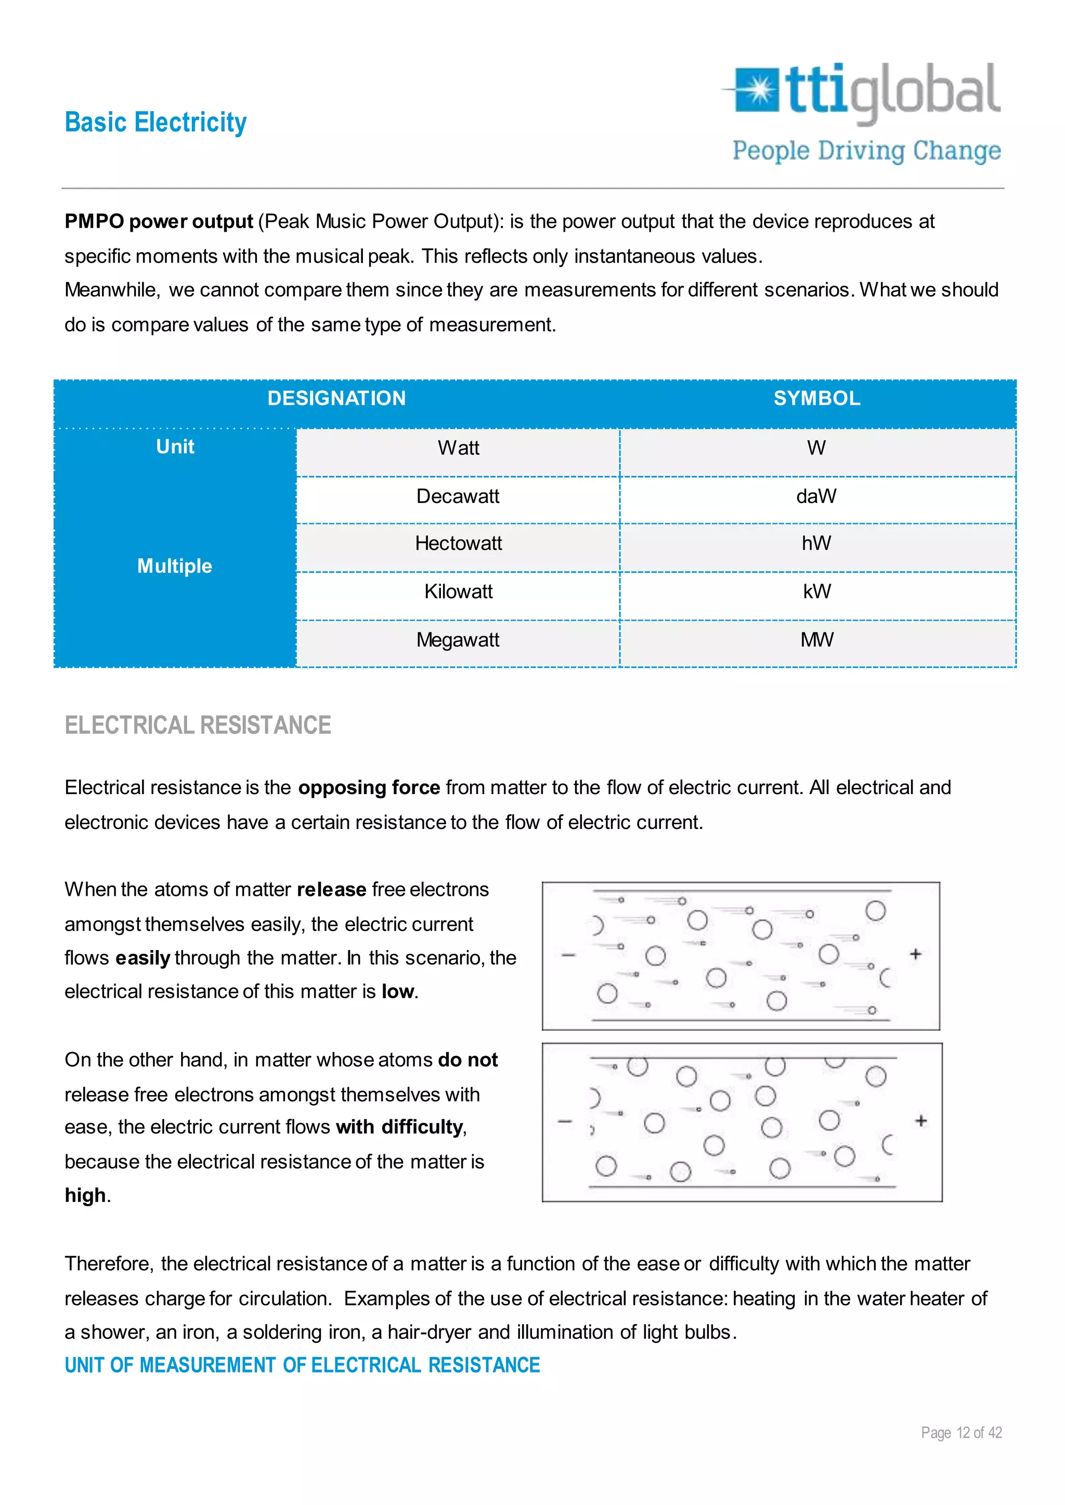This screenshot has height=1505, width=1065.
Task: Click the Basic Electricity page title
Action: tap(155, 123)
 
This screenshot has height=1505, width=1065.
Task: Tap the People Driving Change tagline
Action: tap(866, 151)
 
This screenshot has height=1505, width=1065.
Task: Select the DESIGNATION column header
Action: tap(336, 399)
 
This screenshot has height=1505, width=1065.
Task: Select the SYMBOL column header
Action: tap(816, 399)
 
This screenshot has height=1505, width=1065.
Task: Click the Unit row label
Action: tap(175, 447)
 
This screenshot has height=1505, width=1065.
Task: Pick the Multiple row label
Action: tap(174, 566)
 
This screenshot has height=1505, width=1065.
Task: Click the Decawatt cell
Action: tap(458, 497)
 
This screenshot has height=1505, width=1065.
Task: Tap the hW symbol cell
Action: tap(816, 544)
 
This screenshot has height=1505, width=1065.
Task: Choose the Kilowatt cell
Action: tap(458, 592)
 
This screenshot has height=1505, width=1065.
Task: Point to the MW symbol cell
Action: tap(816, 640)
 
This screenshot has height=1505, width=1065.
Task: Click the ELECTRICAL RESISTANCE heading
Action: tap(198, 725)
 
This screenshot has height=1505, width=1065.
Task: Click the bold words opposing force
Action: tap(369, 788)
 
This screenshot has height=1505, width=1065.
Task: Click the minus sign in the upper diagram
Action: tap(568, 956)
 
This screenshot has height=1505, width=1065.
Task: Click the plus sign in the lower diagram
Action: tap(921, 1121)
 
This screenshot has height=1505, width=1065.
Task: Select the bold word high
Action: tap(85, 1196)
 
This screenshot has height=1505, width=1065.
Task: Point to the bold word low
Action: tap(397, 992)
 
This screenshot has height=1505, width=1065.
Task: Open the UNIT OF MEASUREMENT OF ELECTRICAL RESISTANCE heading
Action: tap(302, 1365)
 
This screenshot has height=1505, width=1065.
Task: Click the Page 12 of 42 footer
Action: tap(962, 1433)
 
